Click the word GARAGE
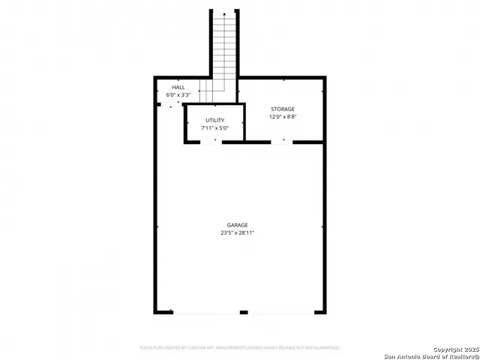(238, 225)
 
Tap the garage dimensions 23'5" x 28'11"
(238, 233)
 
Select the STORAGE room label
(283, 109)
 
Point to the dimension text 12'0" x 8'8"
(283, 117)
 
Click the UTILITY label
(214, 120)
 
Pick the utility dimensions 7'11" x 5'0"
(214, 128)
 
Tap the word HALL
(178, 88)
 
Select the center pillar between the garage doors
(243, 312)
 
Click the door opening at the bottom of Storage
(283, 142)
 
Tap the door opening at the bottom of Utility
(211, 142)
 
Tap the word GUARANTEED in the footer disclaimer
(325, 348)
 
